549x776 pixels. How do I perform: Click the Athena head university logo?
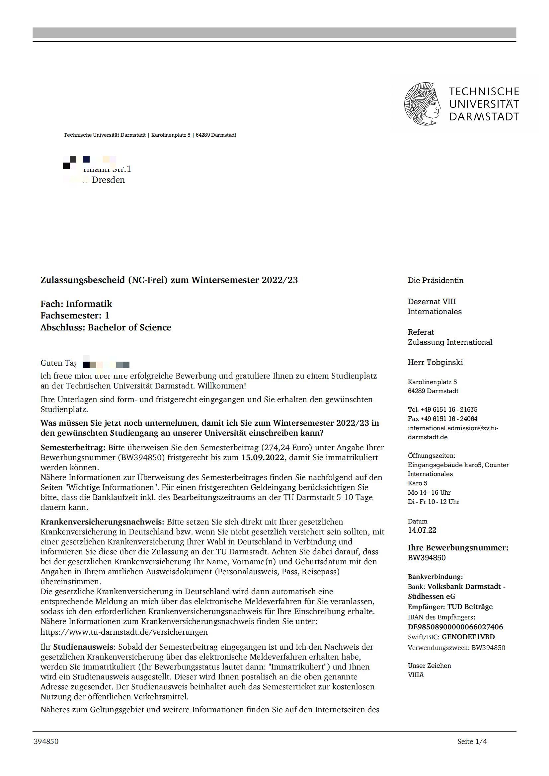tap(422, 104)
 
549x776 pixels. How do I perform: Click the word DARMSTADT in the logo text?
tap(484, 117)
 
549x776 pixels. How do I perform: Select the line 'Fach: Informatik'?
tap(76, 304)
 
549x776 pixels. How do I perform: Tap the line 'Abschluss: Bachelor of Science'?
tap(106, 327)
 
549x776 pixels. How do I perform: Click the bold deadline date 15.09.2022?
tap(263, 458)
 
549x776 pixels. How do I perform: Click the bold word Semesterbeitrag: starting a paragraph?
tap(73, 448)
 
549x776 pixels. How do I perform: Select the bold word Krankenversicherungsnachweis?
tap(102, 522)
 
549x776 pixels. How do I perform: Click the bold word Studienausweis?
tap(84, 647)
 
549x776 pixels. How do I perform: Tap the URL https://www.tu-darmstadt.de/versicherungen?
tap(124, 632)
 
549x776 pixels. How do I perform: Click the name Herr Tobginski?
tap(435, 362)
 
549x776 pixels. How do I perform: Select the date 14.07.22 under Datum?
tap(422, 530)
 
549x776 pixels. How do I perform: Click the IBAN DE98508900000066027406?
tap(455, 627)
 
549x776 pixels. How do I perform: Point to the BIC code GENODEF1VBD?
tap(468, 637)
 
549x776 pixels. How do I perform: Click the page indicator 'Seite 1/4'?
tap(472, 741)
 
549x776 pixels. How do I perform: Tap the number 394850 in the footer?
tap(46, 741)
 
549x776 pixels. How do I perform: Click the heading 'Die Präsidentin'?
tap(435, 280)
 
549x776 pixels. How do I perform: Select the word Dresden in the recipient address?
tap(108, 180)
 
